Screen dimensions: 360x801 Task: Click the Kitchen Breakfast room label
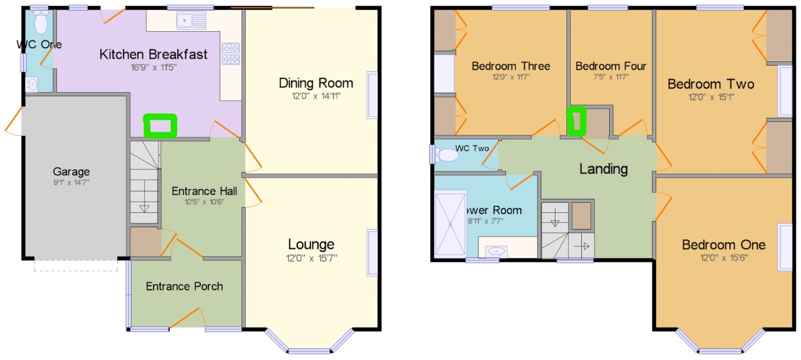click(x=153, y=55)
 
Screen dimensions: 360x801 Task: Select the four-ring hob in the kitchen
click(x=231, y=54)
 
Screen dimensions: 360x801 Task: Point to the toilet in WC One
click(x=40, y=23)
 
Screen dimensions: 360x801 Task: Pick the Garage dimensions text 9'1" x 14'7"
click(x=72, y=183)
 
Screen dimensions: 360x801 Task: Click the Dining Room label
click(x=315, y=83)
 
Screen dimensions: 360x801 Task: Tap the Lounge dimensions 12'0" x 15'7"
click(x=311, y=257)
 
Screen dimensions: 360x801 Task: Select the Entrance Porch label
click(x=184, y=286)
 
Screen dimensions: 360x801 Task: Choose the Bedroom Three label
click(x=511, y=66)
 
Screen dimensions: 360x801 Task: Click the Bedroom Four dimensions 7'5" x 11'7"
click(x=610, y=77)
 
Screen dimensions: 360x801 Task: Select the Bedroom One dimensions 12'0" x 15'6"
click(x=724, y=257)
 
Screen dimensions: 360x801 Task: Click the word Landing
click(x=603, y=169)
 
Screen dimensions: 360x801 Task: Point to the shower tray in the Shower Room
click(x=450, y=224)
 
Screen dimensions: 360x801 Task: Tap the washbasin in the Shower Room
click(x=497, y=250)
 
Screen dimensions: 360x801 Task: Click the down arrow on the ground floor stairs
click(x=144, y=207)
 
